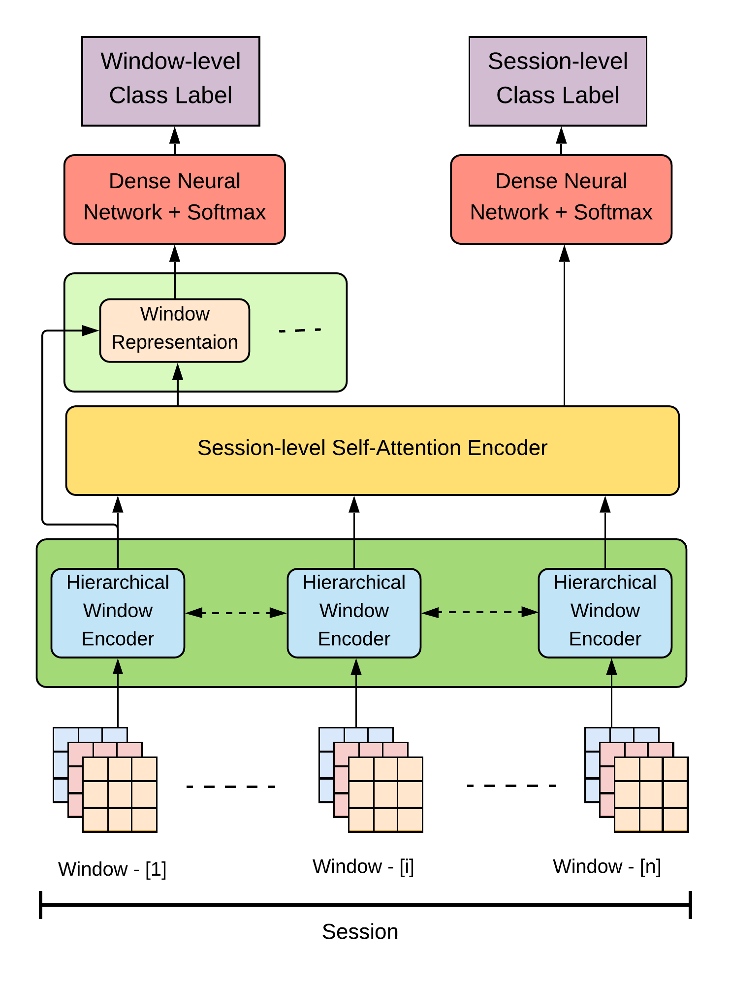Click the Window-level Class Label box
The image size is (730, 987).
[170, 81]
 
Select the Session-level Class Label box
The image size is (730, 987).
[557, 81]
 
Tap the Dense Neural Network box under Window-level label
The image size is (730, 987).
[174, 199]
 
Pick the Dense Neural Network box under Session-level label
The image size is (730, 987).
[561, 199]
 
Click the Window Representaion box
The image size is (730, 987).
[174, 330]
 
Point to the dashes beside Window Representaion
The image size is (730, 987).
[300, 330]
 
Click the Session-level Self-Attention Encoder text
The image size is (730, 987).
[372, 448]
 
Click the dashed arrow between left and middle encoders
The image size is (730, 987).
[236, 613]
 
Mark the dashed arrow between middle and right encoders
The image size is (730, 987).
[479, 612]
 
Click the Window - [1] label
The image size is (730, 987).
[112, 869]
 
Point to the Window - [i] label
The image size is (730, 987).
[363, 866]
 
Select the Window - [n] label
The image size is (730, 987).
[606, 866]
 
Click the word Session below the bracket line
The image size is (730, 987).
[360, 932]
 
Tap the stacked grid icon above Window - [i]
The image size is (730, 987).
[371, 780]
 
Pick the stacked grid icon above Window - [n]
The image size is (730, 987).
[636, 780]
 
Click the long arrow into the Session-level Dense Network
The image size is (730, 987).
[564, 325]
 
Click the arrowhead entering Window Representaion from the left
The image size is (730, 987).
[91, 330]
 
